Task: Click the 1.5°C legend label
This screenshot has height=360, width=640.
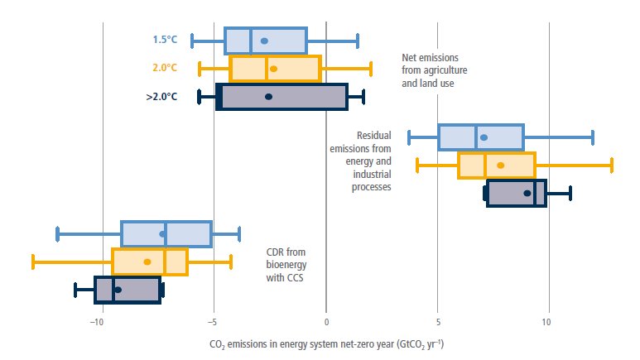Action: pos(164,40)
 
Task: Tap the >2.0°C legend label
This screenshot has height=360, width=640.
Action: pos(161,96)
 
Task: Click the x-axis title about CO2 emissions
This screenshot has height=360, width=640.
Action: pos(326,343)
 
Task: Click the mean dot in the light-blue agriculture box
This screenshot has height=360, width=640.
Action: pos(264,41)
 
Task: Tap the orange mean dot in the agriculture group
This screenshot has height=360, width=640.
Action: pos(273,69)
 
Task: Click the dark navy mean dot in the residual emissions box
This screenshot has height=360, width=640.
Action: pos(527,193)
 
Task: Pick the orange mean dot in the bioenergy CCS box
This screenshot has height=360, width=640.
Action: pos(147,262)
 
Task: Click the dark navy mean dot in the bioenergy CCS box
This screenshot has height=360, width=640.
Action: pos(118,290)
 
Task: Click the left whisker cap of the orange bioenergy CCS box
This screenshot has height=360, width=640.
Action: pos(33,262)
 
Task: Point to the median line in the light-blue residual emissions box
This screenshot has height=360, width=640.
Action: pos(476,137)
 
